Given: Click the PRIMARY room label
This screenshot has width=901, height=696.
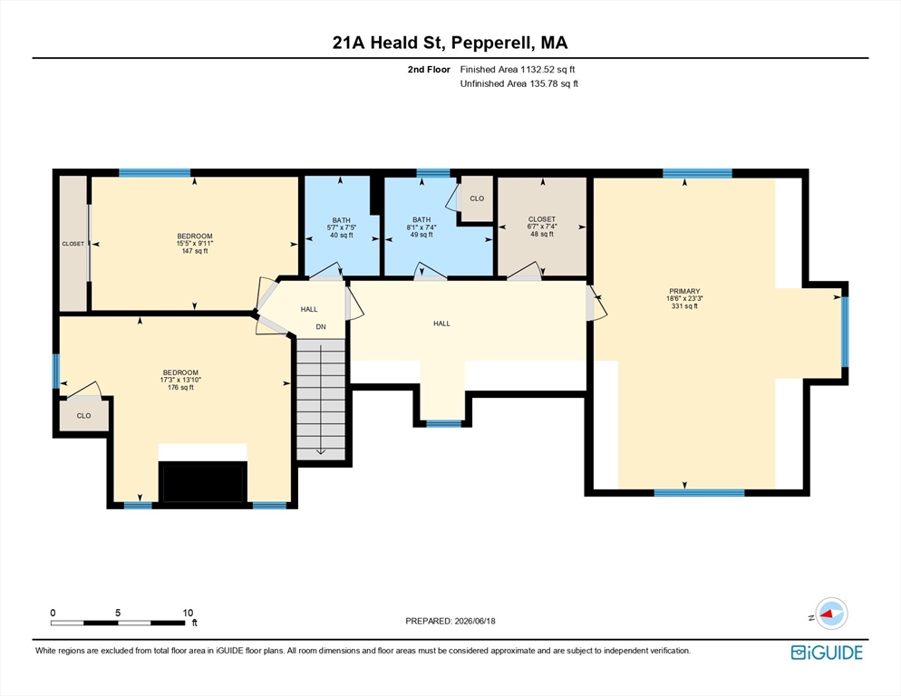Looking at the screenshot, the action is click(684, 292).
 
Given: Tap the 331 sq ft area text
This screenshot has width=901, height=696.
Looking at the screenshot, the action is click(684, 306).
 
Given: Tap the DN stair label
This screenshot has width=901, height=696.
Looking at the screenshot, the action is click(321, 327).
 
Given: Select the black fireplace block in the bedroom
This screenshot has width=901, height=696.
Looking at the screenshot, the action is click(203, 481).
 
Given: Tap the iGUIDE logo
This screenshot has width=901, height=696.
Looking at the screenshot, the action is click(827, 652).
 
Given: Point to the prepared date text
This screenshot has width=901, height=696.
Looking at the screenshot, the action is click(450, 622).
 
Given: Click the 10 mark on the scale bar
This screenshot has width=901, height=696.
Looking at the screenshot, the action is click(188, 613).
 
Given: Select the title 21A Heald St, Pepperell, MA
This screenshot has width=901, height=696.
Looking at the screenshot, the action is click(450, 43).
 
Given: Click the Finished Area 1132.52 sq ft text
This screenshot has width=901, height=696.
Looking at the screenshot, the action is click(518, 70).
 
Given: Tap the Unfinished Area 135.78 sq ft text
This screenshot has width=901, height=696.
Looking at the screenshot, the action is click(518, 84).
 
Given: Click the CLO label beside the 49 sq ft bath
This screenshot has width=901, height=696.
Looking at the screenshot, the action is click(477, 198).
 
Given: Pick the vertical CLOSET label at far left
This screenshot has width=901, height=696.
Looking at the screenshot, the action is click(73, 244).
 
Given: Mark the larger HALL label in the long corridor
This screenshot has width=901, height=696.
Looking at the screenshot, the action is click(441, 324).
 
